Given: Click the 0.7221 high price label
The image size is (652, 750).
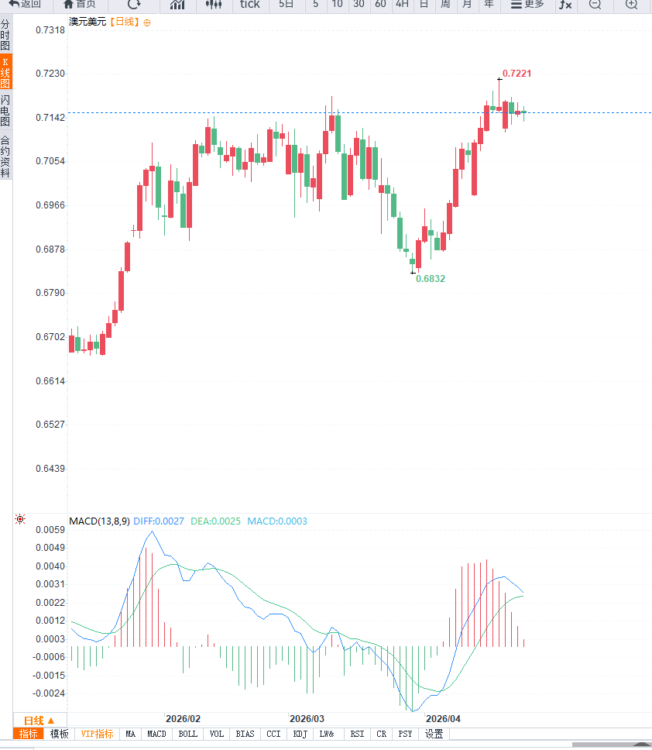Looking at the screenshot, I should (x=516, y=74).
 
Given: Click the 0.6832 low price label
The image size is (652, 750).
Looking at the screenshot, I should (x=431, y=278).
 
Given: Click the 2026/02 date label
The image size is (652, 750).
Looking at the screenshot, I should (x=184, y=718).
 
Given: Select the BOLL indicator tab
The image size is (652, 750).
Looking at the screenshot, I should (x=187, y=734).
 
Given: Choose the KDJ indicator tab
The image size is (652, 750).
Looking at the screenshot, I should (x=300, y=734).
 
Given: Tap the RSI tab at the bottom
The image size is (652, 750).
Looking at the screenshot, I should (x=357, y=734).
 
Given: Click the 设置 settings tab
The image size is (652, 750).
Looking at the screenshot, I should (x=434, y=734).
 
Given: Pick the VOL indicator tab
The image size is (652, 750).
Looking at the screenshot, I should (x=216, y=734).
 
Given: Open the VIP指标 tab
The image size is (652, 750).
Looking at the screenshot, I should (x=97, y=734).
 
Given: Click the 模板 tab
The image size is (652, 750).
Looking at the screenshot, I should (x=59, y=734).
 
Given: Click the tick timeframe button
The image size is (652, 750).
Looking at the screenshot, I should (x=249, y=5).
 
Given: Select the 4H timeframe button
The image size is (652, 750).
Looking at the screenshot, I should (x=401, y=5).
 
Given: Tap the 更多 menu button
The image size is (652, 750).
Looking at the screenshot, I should (x=527, y=5).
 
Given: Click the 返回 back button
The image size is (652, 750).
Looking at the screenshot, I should (x=25, y=5).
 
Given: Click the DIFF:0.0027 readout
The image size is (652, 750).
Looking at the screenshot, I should (x=159, y=521).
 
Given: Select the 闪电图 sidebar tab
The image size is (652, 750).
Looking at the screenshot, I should (x=5, y=111).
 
